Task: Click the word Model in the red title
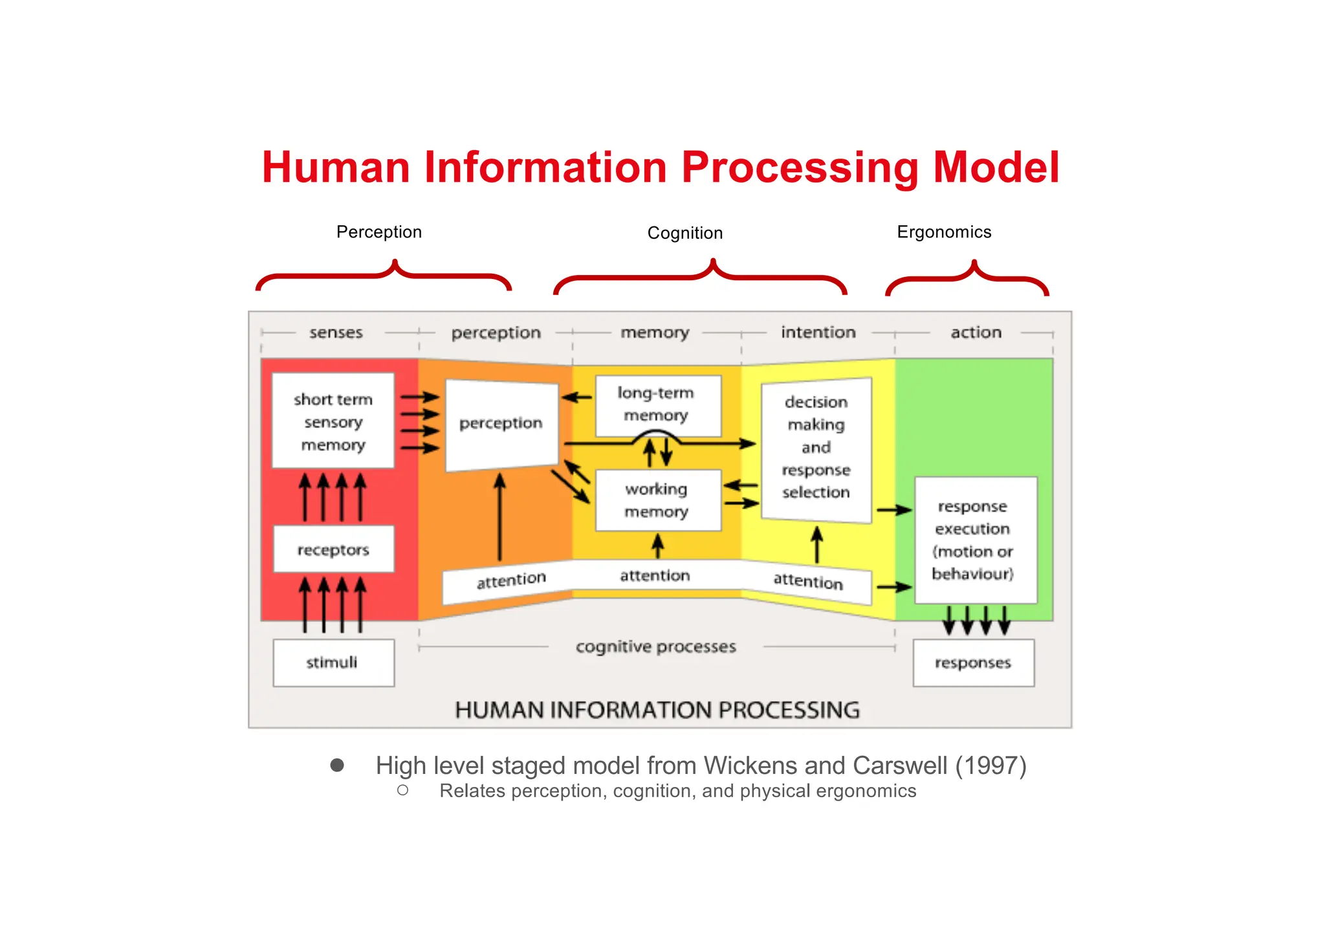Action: pos(996,168)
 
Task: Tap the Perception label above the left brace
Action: pos(378,232)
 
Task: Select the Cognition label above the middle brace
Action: pos(684,233)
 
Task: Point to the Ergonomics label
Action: pos(943,232)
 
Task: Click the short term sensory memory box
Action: pos(333,421)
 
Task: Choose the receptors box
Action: pos(333,549)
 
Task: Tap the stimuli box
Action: pos(333,663)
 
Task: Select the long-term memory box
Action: pos(657,405)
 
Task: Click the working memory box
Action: pos(657,500)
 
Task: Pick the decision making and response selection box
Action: pos(816,448)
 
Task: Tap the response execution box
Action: pos(974,540)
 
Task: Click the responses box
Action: pos(973,663)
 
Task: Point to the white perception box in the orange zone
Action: pos(501,424)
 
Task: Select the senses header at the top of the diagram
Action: pos(336,333)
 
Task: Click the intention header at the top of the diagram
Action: pos(818,333)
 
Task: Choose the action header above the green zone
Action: pos(976,333)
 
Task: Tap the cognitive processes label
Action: pos(655,646)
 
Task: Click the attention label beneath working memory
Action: pos(655,575)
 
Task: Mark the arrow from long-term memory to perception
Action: pos(576,397)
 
